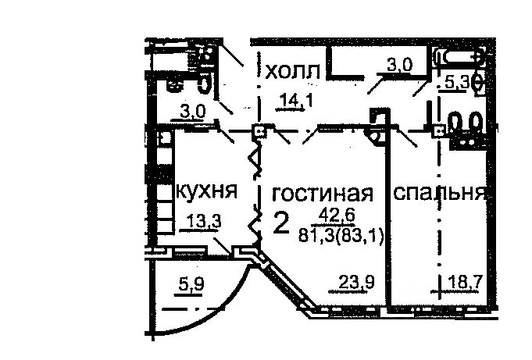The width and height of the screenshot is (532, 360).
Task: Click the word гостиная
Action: (323, 193)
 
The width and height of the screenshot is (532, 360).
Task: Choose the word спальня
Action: (440, 193)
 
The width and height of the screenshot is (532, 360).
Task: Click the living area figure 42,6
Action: (337, 214)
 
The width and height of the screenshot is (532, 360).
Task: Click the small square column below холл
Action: (259, 130)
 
